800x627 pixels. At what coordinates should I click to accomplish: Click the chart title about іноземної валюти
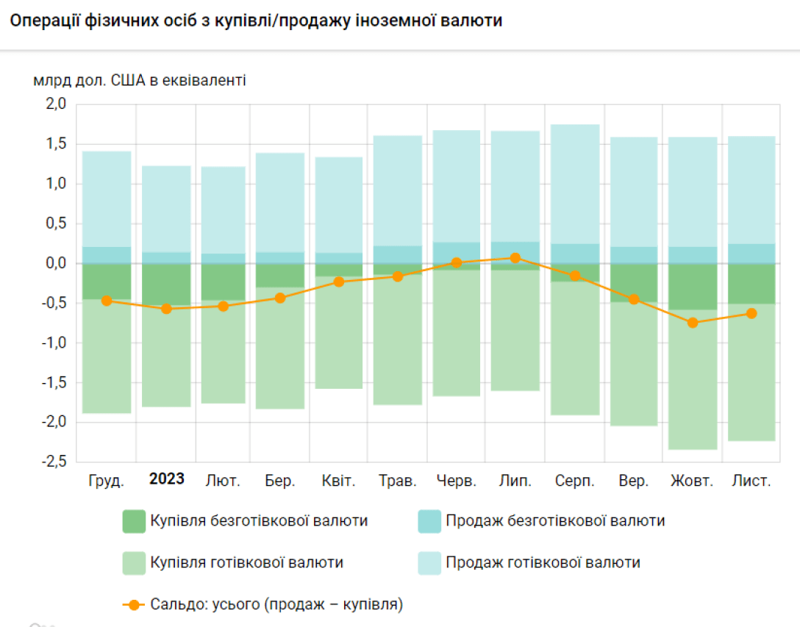point(256,21)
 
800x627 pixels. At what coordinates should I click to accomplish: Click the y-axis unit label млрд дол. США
point(140,80)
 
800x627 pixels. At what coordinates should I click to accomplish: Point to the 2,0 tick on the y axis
point(57,104)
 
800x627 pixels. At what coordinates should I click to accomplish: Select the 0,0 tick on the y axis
point(57,263)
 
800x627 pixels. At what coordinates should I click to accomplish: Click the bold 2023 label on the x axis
point(167,479)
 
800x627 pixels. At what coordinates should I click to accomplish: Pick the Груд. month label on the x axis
point(107,481)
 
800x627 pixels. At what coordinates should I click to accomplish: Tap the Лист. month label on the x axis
point(751,481)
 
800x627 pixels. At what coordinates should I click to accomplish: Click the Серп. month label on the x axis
point(575,481)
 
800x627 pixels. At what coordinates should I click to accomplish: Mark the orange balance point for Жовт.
point(693,323)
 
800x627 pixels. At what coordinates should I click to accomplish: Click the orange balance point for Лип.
point(515,258)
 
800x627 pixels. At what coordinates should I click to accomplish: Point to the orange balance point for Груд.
point(107,301)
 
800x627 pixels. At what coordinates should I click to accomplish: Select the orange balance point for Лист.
point(751,313)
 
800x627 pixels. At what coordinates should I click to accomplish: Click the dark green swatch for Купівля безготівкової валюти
point(135,521)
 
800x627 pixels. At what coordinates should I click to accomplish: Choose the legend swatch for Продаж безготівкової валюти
point(429,521)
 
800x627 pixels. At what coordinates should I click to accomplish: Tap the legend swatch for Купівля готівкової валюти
point(135,563)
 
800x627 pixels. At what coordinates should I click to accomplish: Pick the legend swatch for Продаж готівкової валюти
point(429,563)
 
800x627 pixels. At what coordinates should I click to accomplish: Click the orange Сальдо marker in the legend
point(133,605)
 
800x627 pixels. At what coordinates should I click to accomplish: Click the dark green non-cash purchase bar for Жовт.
point(693,287)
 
